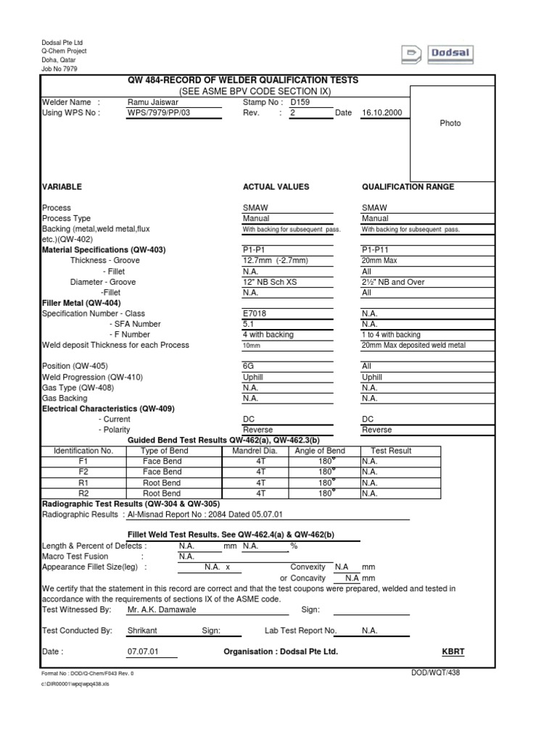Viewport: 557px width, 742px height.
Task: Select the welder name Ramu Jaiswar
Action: [152, 103]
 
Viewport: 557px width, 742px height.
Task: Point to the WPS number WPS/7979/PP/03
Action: [158, 113]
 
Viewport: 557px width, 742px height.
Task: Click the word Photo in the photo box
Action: [450, 123]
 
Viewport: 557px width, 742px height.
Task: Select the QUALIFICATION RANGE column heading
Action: [408, 187]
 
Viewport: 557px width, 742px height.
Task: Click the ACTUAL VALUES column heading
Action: [276, 187]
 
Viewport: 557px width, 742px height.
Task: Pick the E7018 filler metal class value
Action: [255, 314]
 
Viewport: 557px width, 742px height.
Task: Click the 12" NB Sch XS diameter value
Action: [268, 282]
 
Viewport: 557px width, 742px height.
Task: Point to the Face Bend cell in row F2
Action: [162, 472]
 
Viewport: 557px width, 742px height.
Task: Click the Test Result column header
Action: [391, 451]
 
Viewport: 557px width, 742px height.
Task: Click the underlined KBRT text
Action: [453, 651]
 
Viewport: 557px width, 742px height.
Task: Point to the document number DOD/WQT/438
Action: [435, 673]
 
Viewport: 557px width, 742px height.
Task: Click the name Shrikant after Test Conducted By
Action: [142, 630]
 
